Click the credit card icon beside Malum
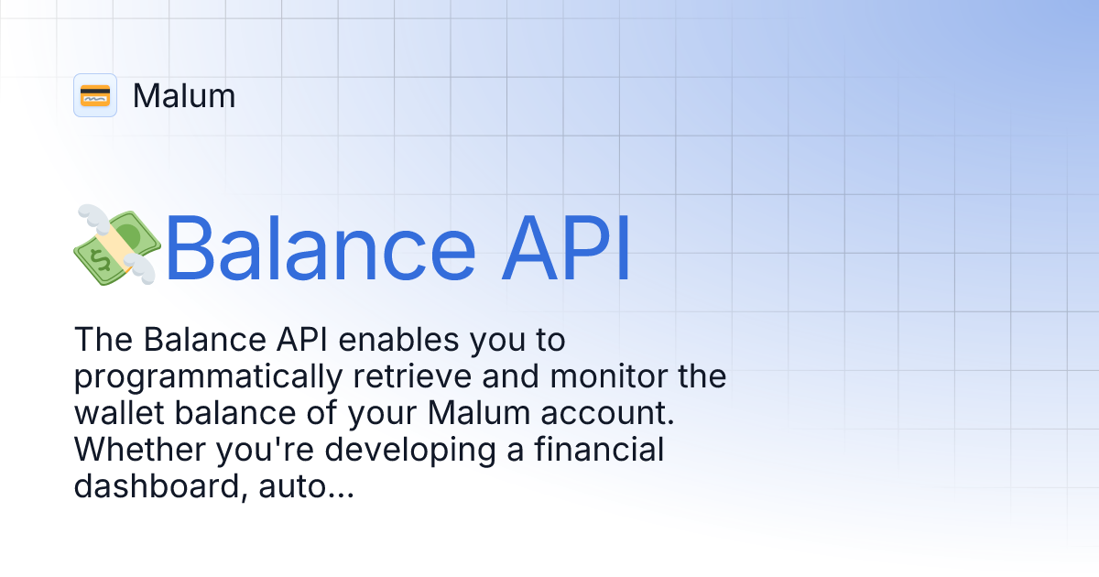coord(95,95)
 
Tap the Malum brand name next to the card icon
coord(184,95)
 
